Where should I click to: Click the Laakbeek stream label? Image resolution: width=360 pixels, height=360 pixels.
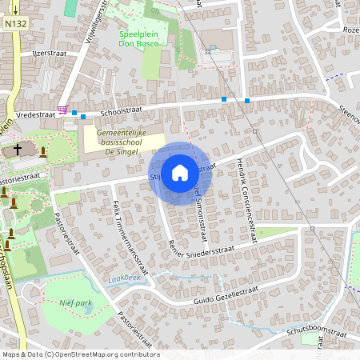(122, 278)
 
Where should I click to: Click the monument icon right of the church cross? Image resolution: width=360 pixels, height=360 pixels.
(43, 151)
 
